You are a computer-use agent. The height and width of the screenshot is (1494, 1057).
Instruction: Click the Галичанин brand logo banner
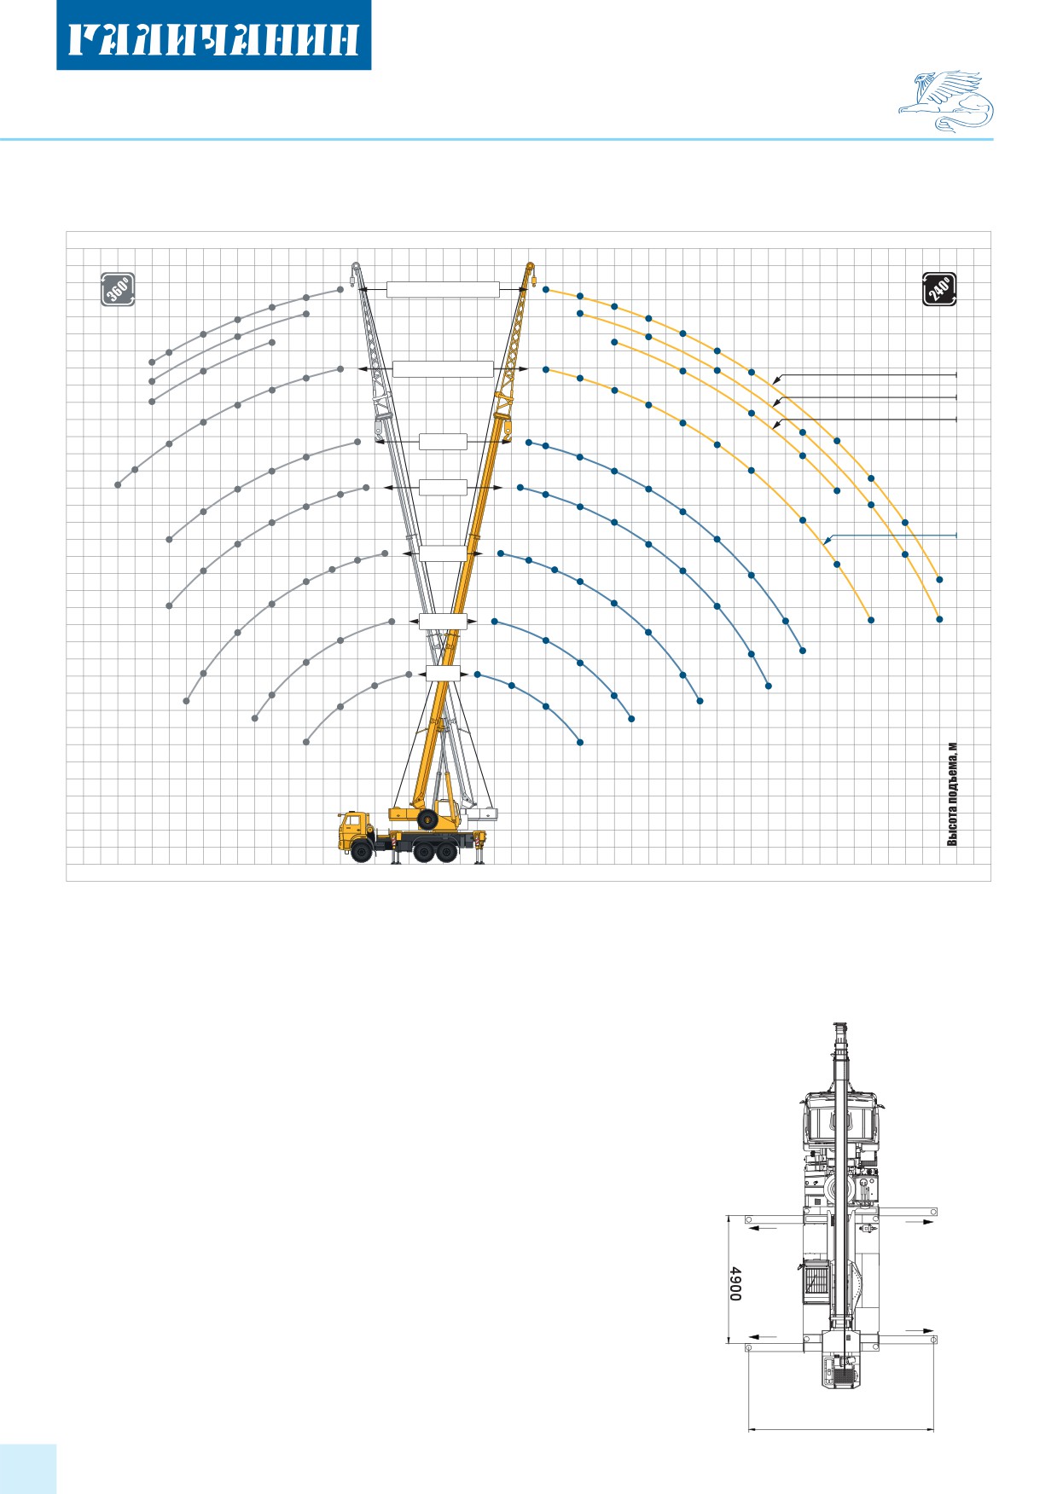tap(213, 35)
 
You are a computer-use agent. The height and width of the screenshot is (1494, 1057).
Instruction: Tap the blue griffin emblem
tap(946, 101)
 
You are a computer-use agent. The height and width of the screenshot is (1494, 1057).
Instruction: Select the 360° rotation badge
tap(118, 289)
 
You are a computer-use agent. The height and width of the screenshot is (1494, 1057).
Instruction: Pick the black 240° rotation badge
tap(939, 288)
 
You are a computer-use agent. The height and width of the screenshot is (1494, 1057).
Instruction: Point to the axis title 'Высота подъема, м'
tap(953, 794)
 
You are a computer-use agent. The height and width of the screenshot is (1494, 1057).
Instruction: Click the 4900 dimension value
tap(735, 1283)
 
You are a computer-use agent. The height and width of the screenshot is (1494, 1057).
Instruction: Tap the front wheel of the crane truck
tap(361, 851)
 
